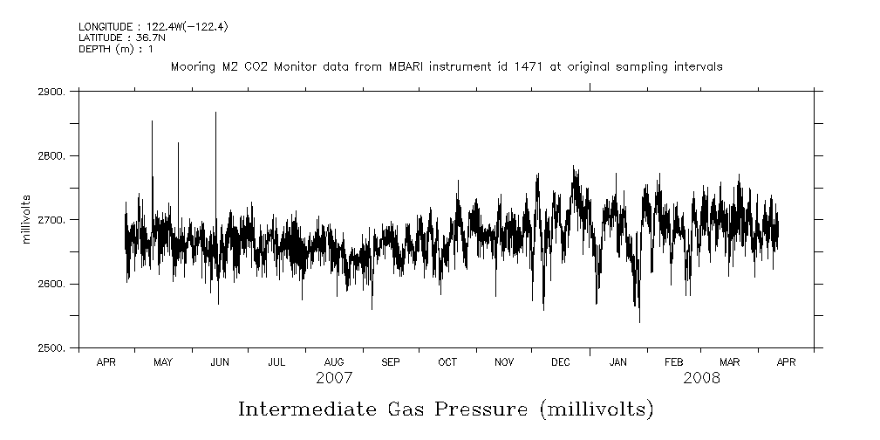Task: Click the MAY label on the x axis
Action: coord(163,361)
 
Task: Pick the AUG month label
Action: coord(334,361)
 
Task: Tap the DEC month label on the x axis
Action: coord(561,361)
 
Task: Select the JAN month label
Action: coord(617,361)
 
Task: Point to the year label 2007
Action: coord(334,378)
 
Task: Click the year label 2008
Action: coord(702,378)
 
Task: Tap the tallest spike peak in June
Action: coord(215,113)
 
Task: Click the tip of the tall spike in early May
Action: coord(152,121)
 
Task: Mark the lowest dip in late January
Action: coord(639,322)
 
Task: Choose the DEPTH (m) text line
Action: coord(116,49)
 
